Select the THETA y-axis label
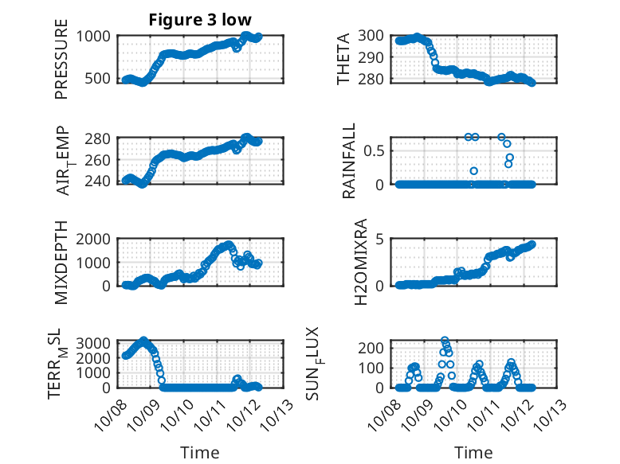[343, 58]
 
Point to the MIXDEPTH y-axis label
[61, 262]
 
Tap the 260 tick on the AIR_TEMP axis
[101, 160]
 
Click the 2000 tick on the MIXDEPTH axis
[96, 240]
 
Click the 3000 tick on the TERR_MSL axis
[96, 342]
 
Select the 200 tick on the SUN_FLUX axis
[374, 348]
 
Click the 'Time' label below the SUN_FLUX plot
[473, 453]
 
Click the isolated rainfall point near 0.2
[473, 171]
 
